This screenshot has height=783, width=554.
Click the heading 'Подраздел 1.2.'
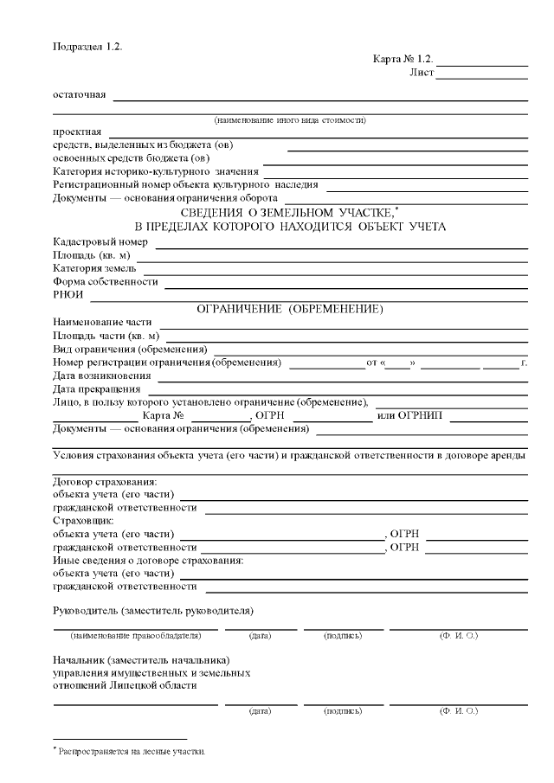coord(87,46)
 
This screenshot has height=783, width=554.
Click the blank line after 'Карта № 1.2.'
coord(484,62)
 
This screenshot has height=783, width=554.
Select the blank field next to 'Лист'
coord(482,75)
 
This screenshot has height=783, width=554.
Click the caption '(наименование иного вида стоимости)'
coord(290,119)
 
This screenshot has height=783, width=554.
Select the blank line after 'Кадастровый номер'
coord(341,244)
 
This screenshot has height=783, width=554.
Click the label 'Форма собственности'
coord(106,282)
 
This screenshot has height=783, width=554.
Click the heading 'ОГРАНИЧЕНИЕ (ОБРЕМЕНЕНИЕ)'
coord(290,309)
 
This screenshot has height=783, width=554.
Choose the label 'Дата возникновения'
coord(102,375)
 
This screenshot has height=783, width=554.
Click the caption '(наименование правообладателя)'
coord(137,636)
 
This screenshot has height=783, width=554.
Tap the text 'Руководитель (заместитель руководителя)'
coord(153,612)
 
